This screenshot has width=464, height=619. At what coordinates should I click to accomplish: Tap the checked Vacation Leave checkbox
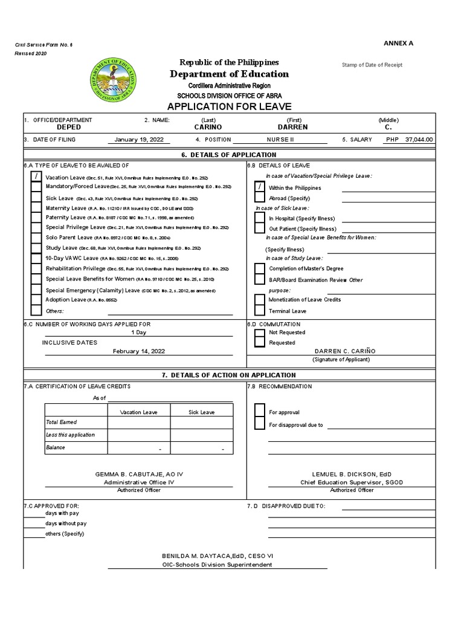point(36,177)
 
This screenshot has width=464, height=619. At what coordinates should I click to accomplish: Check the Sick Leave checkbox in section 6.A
point(36,198)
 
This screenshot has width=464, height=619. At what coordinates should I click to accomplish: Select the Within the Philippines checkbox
point(260,187)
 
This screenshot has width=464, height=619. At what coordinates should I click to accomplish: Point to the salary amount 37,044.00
point(419,139)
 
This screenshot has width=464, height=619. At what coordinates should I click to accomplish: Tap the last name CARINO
point(208,128)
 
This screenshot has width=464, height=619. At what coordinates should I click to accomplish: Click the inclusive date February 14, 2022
point(139,351)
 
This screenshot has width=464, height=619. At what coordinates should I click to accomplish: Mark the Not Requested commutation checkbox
point(260,332)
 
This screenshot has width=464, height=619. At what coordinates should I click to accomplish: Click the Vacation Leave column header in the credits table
point(139,412)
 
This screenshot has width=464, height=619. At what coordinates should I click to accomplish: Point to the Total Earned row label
point(62,422)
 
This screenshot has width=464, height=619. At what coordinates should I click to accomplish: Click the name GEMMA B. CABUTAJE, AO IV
point(139,474)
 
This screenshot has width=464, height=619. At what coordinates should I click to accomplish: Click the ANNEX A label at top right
point(398,43)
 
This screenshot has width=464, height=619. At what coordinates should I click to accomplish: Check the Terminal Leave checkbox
point(260,311)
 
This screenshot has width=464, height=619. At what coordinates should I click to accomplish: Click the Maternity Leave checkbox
point(36,208)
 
